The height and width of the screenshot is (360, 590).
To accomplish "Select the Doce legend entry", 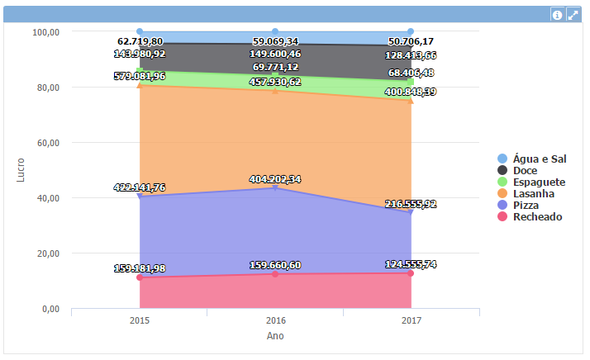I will pyautogui.click(x=525, y=170).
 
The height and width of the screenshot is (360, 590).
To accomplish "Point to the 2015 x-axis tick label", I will pyautogui.click(x=140, y=320).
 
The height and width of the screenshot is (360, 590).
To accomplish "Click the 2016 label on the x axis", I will pyautogui.click(x=275, y=320).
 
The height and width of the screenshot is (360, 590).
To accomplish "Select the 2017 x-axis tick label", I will pyautogui.click(x=412, y=320).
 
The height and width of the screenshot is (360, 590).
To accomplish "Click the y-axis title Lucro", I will pyautogui.click(x=21, y=169).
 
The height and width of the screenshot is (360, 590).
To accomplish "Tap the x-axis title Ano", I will pyautogui.click(x=275, y=336).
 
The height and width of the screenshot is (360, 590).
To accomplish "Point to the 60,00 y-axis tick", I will pyautogui.click(x=45, y=142).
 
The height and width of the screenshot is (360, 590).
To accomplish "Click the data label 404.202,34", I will pyautogui.click(x=275, y=179).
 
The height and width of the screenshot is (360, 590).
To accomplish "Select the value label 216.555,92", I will pyautogui.click(x=412, y=203).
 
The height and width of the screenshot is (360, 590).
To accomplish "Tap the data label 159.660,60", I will pyautogui.click(x=275, y=265).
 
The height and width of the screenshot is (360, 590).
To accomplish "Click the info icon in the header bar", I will pyautogui.click(x=558, y=14).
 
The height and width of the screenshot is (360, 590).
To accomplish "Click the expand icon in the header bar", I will pyautogui.click(x=573, y=14).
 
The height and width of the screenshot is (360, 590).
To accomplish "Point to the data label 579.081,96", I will pyautogui.click(x=140, y=76).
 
